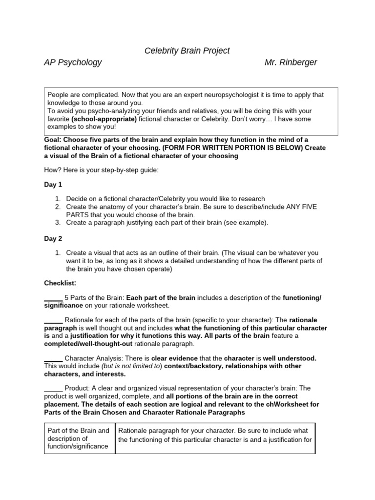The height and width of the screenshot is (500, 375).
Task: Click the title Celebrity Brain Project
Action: tap(187, 51)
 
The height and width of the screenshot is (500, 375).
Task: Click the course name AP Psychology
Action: tap(73, 62)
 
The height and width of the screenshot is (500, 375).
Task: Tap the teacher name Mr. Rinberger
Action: tap(291, 62)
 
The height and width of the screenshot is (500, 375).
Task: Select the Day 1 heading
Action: tap(53, 185)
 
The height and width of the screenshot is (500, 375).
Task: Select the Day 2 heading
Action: tap(53, 238)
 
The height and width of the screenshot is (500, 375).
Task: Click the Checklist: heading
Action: tap(60, 283)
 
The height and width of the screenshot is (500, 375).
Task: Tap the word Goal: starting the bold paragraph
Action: tap(53, 140)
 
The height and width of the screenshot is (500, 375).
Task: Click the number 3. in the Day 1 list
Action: tap(58, 223)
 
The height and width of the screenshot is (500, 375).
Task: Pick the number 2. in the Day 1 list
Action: tap(58, 207)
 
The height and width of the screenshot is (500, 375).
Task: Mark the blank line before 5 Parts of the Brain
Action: tap(53, 298)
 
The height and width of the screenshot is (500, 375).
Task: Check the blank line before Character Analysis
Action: tap(53, 358)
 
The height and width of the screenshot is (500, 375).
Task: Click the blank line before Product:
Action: tap(53, 388)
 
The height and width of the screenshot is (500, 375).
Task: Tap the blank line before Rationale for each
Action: tap(53, 320)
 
